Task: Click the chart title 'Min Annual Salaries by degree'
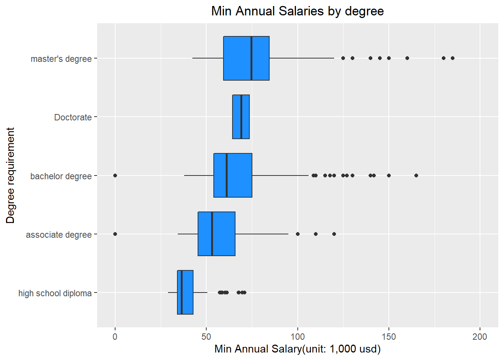pyautogui.click(x=297, y=11)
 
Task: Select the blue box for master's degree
pyautogui.click(x=246, y=58)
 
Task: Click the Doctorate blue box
pyautogui.click(x=241, y=117)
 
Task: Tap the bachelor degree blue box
pyautogui.click(x=232, y=175)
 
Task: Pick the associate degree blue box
pyautogui.click(x=216, y=234)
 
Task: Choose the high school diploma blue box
pyautogui.click(x=185, y=292)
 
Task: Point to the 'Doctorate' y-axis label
pyautogui.click(x=73, y=117)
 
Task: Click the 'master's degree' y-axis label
pyautogui.click(x=61, y=59)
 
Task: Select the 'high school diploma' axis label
pyautogui.click(x=55, y=293)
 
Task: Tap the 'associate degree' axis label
pyautogui.click(x=58, y=235)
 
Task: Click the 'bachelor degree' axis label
pyautogui.click(x=61, y=176)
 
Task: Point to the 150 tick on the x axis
pyautogui.click(x=389, y=336)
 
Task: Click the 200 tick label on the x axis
pyautogui.click(x=480, y=336)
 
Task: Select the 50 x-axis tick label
pyautogui.click(x=206, y=336)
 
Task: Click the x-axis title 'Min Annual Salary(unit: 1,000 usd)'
pyautogui.click(x=297, y=349)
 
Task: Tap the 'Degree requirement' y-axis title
pyautogui.click(x=10, y=175)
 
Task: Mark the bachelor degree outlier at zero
pyautogui.click(x=115, y=175)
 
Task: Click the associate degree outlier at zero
pyautogui.click(x=115, y=234)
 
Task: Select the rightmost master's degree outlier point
pyautogui.click(x=453, y=58)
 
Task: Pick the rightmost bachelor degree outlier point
pyautogui.click(x=416, y=175)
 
